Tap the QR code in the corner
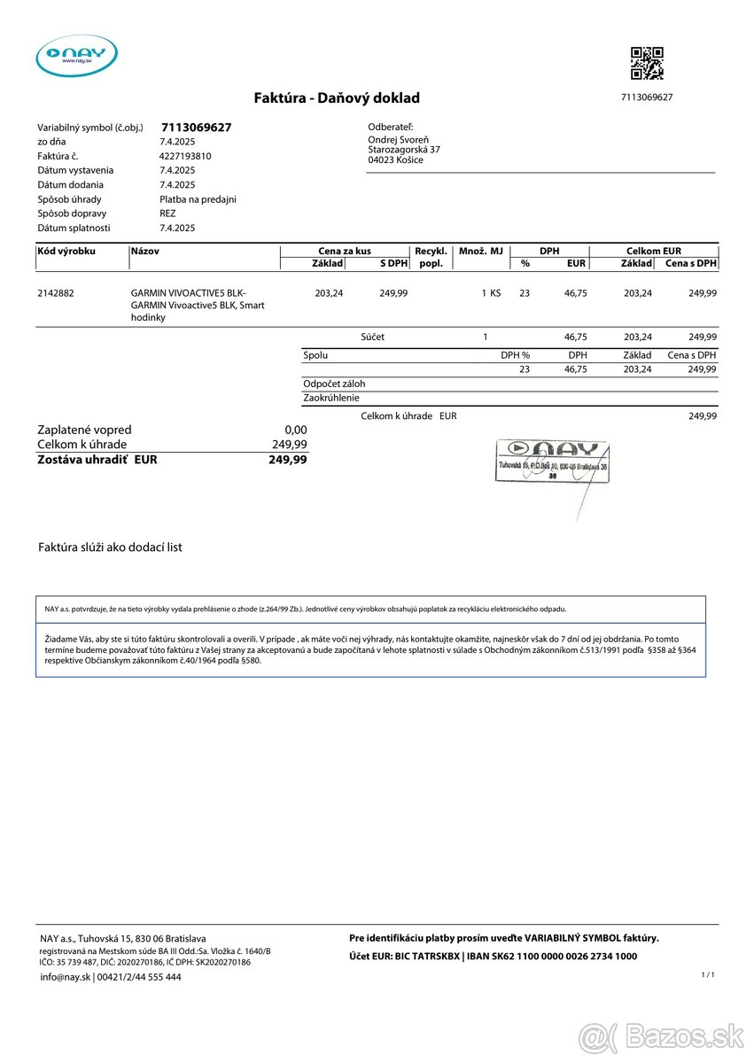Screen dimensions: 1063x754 647,63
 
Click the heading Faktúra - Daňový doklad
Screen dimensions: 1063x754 337,98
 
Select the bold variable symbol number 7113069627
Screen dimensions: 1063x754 196,128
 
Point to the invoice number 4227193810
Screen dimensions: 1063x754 185,156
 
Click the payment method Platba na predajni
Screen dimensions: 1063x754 198,199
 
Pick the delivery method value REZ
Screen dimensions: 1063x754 167,213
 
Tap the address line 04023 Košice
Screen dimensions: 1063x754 395,160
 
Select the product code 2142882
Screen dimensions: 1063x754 55,292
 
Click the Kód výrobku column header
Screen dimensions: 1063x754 66,252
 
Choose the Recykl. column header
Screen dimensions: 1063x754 431,252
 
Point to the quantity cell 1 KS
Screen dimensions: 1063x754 491,292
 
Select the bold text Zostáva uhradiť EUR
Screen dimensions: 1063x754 97,460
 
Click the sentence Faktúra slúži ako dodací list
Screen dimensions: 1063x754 110,547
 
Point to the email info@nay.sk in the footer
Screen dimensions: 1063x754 66,977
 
